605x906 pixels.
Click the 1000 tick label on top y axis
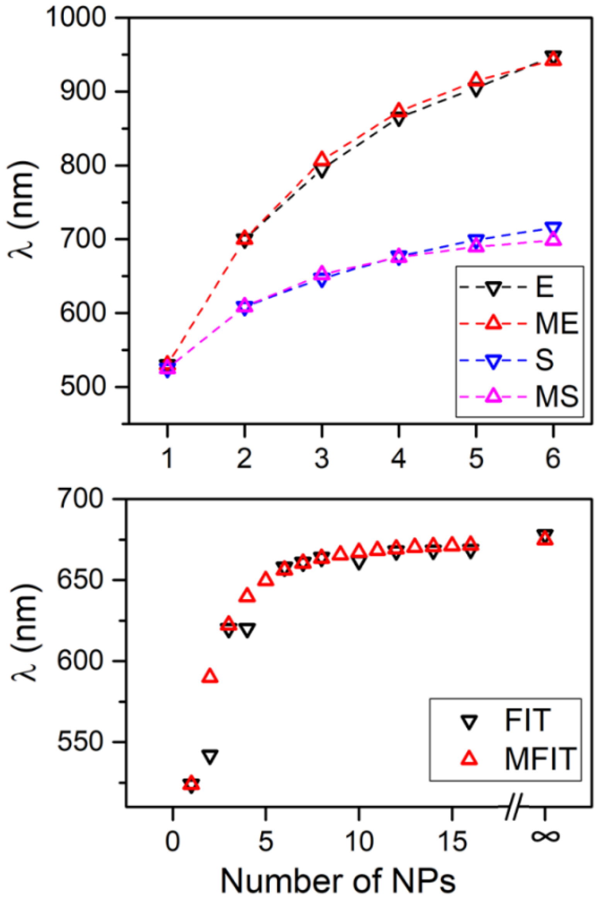coord(76,17)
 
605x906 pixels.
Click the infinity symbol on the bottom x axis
coord(545,837)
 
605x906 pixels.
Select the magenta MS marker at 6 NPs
coord(553,239)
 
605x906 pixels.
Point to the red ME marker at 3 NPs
coord(322,159)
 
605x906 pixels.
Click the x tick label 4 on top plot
coord(399,458)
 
